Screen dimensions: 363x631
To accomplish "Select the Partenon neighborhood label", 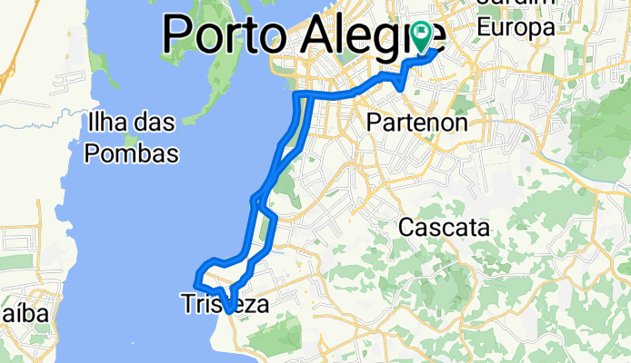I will [x=417, y=122].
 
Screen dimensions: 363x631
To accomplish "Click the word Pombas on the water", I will [x=131, y=153].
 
